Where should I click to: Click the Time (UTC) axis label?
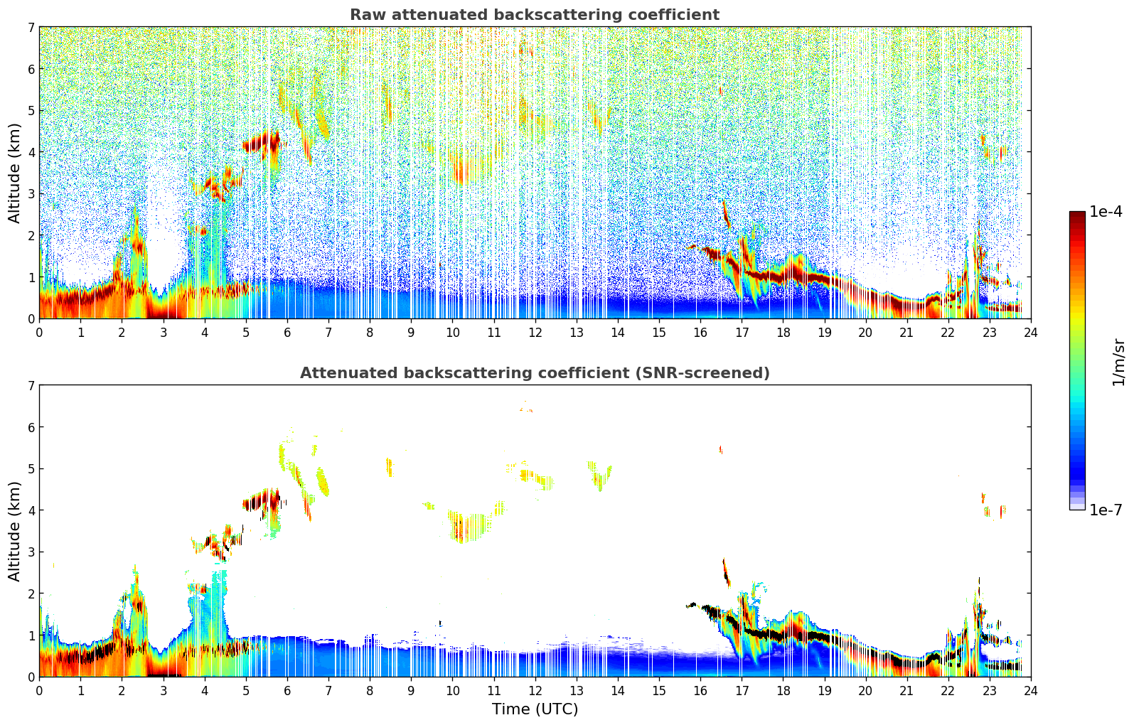535,709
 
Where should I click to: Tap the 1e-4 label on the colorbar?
1106,212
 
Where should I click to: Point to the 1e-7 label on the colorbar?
1106,510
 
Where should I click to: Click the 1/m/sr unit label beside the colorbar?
1118,362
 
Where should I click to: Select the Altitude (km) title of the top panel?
15,173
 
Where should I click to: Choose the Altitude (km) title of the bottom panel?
15,531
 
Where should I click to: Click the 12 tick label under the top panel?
535,332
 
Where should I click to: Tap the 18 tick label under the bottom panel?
783,690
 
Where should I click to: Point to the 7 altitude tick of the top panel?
31,27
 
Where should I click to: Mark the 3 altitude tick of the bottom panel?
31,552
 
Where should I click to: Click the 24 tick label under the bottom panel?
1031,690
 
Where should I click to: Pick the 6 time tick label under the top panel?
287,332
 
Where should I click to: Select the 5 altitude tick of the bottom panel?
31,468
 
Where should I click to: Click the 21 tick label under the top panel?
906,332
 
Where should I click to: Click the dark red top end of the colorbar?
1077,215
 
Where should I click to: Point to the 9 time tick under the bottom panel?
411,690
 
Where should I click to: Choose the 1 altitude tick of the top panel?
31,277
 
